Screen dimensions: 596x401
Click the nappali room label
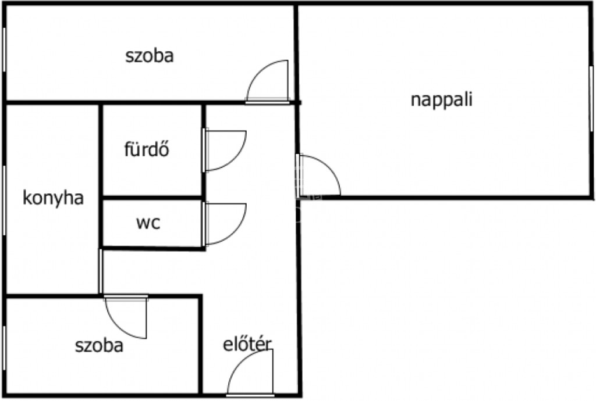tap(441, 100)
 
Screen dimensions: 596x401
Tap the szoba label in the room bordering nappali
tap(150, 56)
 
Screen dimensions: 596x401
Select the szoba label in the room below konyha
tap(99, 346)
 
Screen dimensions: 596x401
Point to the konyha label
tap(53, 198)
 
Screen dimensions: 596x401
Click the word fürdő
tap(146, 149)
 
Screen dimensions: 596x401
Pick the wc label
tap(148, 223)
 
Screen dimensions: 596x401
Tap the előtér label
tap(247, 345)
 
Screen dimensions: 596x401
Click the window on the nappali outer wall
tap(591, 99)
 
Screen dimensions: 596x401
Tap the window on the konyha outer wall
tap(4, 201)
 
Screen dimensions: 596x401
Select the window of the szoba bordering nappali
tap(4, 49)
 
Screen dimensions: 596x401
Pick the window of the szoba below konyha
tap(4, 348)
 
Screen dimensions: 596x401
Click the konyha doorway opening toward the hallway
tap(100, 271)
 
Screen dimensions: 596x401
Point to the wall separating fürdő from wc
tap(152, 198)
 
